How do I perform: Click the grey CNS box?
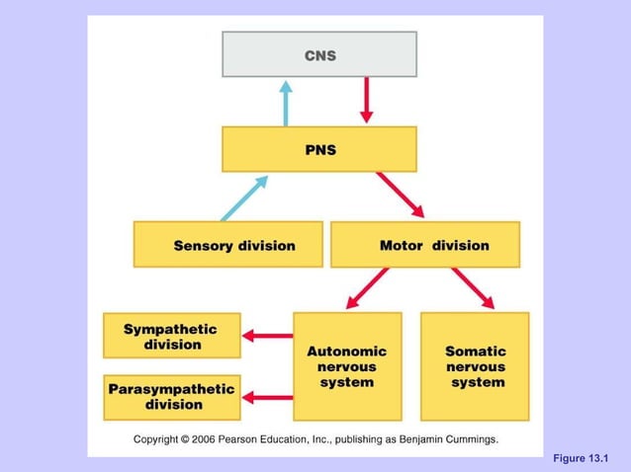318,54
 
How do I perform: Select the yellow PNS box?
318,149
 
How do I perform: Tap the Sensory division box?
227,244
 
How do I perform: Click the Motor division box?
424,244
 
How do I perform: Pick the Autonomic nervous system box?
347,366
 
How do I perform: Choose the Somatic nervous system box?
475,366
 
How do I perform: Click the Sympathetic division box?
171,336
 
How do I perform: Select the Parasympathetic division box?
171,396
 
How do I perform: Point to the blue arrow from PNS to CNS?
287,102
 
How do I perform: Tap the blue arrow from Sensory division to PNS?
244,197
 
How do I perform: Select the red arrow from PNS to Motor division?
401,195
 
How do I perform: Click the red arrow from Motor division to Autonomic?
367,289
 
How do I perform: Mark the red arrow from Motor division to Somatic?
473,288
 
